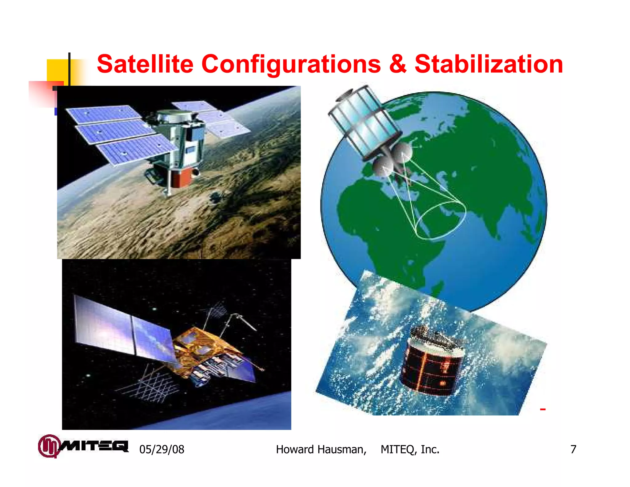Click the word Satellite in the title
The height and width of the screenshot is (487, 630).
(145, 64)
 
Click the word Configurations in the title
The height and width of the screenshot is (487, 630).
(291, 65)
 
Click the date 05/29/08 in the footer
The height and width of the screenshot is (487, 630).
(162, 449)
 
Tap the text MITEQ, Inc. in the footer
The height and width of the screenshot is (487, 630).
(410, 449)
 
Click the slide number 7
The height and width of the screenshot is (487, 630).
(573, 449)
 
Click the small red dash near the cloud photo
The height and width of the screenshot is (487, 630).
(543, 409)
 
